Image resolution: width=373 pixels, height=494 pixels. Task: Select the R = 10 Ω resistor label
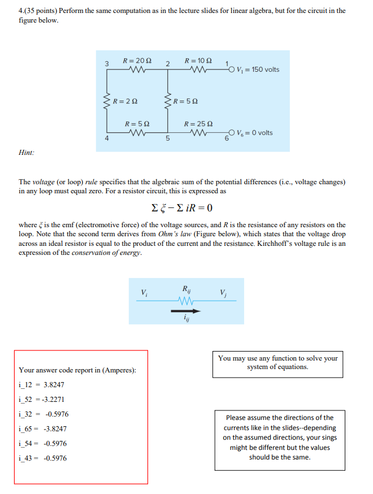click(198, 60)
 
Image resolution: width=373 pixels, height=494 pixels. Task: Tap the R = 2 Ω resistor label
click(125, 102)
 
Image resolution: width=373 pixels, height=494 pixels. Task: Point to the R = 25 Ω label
click(198, 123)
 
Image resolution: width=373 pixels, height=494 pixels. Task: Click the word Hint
click(26, 152)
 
